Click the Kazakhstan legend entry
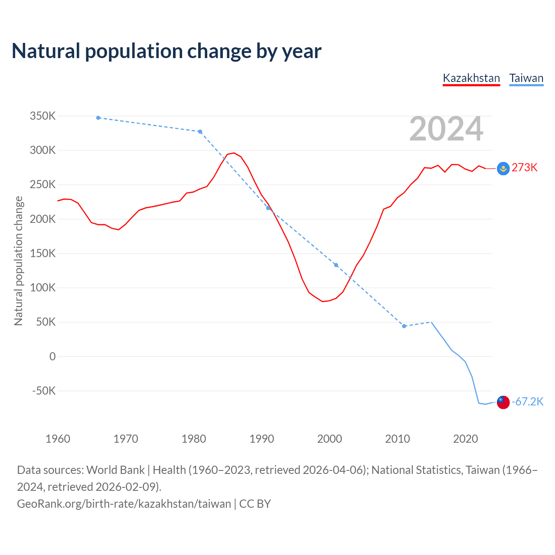471,78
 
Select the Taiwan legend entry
526,78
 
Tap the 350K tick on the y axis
42,116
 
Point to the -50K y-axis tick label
44,391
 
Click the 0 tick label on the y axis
52,356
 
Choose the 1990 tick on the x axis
262,439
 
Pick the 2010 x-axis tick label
398,439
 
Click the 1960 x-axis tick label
58,439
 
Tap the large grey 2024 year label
446,129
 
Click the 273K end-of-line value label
524,168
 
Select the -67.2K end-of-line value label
527,402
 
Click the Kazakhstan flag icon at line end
503,168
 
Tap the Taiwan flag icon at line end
503,402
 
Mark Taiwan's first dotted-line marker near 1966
98,118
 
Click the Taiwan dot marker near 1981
200,132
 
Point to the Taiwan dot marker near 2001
336,265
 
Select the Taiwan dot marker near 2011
404,326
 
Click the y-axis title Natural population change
18,261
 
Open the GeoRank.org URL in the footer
124,504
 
